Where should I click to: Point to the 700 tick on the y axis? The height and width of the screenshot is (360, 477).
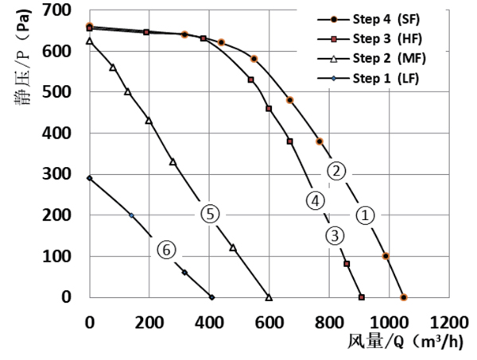coord(70,10)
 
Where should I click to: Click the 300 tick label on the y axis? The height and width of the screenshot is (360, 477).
coord(70,174)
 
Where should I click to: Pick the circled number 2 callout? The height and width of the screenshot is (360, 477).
coord(337,171)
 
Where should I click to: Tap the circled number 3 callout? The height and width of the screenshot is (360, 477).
coord(334,235)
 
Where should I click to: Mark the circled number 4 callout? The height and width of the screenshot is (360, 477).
coord(315,200)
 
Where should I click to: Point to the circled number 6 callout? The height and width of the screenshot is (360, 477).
coord(165,250)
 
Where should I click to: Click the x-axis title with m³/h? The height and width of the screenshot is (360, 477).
coord(406,343)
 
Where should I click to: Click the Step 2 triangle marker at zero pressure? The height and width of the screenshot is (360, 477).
coord(269,297)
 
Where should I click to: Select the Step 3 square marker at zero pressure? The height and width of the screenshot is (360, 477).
coord(362,297)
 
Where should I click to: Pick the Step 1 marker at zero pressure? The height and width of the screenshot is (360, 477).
coord(211,297)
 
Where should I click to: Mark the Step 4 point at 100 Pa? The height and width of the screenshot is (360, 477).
coord(386,256)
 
